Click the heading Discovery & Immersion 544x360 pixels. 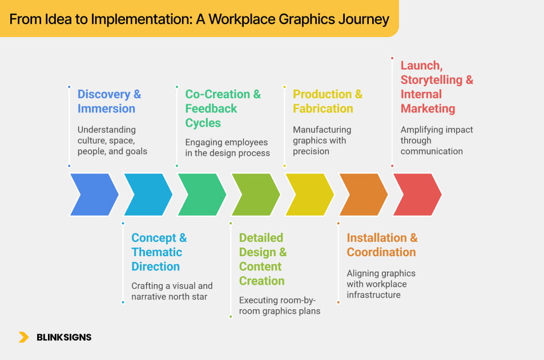[x=109, y=101]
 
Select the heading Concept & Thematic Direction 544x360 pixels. [x=159, y=252]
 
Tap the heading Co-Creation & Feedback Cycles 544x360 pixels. [x=223, y=108]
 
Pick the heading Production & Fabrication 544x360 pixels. [x=327, y=101]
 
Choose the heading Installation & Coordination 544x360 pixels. [x=382, y=245]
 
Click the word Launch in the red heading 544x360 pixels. [x=420, y=65]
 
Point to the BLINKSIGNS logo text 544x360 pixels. [x=64, y=337]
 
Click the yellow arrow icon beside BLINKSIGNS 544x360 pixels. [x=23, y=337]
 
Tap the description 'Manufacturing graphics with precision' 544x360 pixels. [x=322, y=140]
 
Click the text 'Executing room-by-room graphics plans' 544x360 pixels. [x=280, y=305]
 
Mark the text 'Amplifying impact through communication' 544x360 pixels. [x=437, y=140]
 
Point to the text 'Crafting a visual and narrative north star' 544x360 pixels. [x=172, y=291]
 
